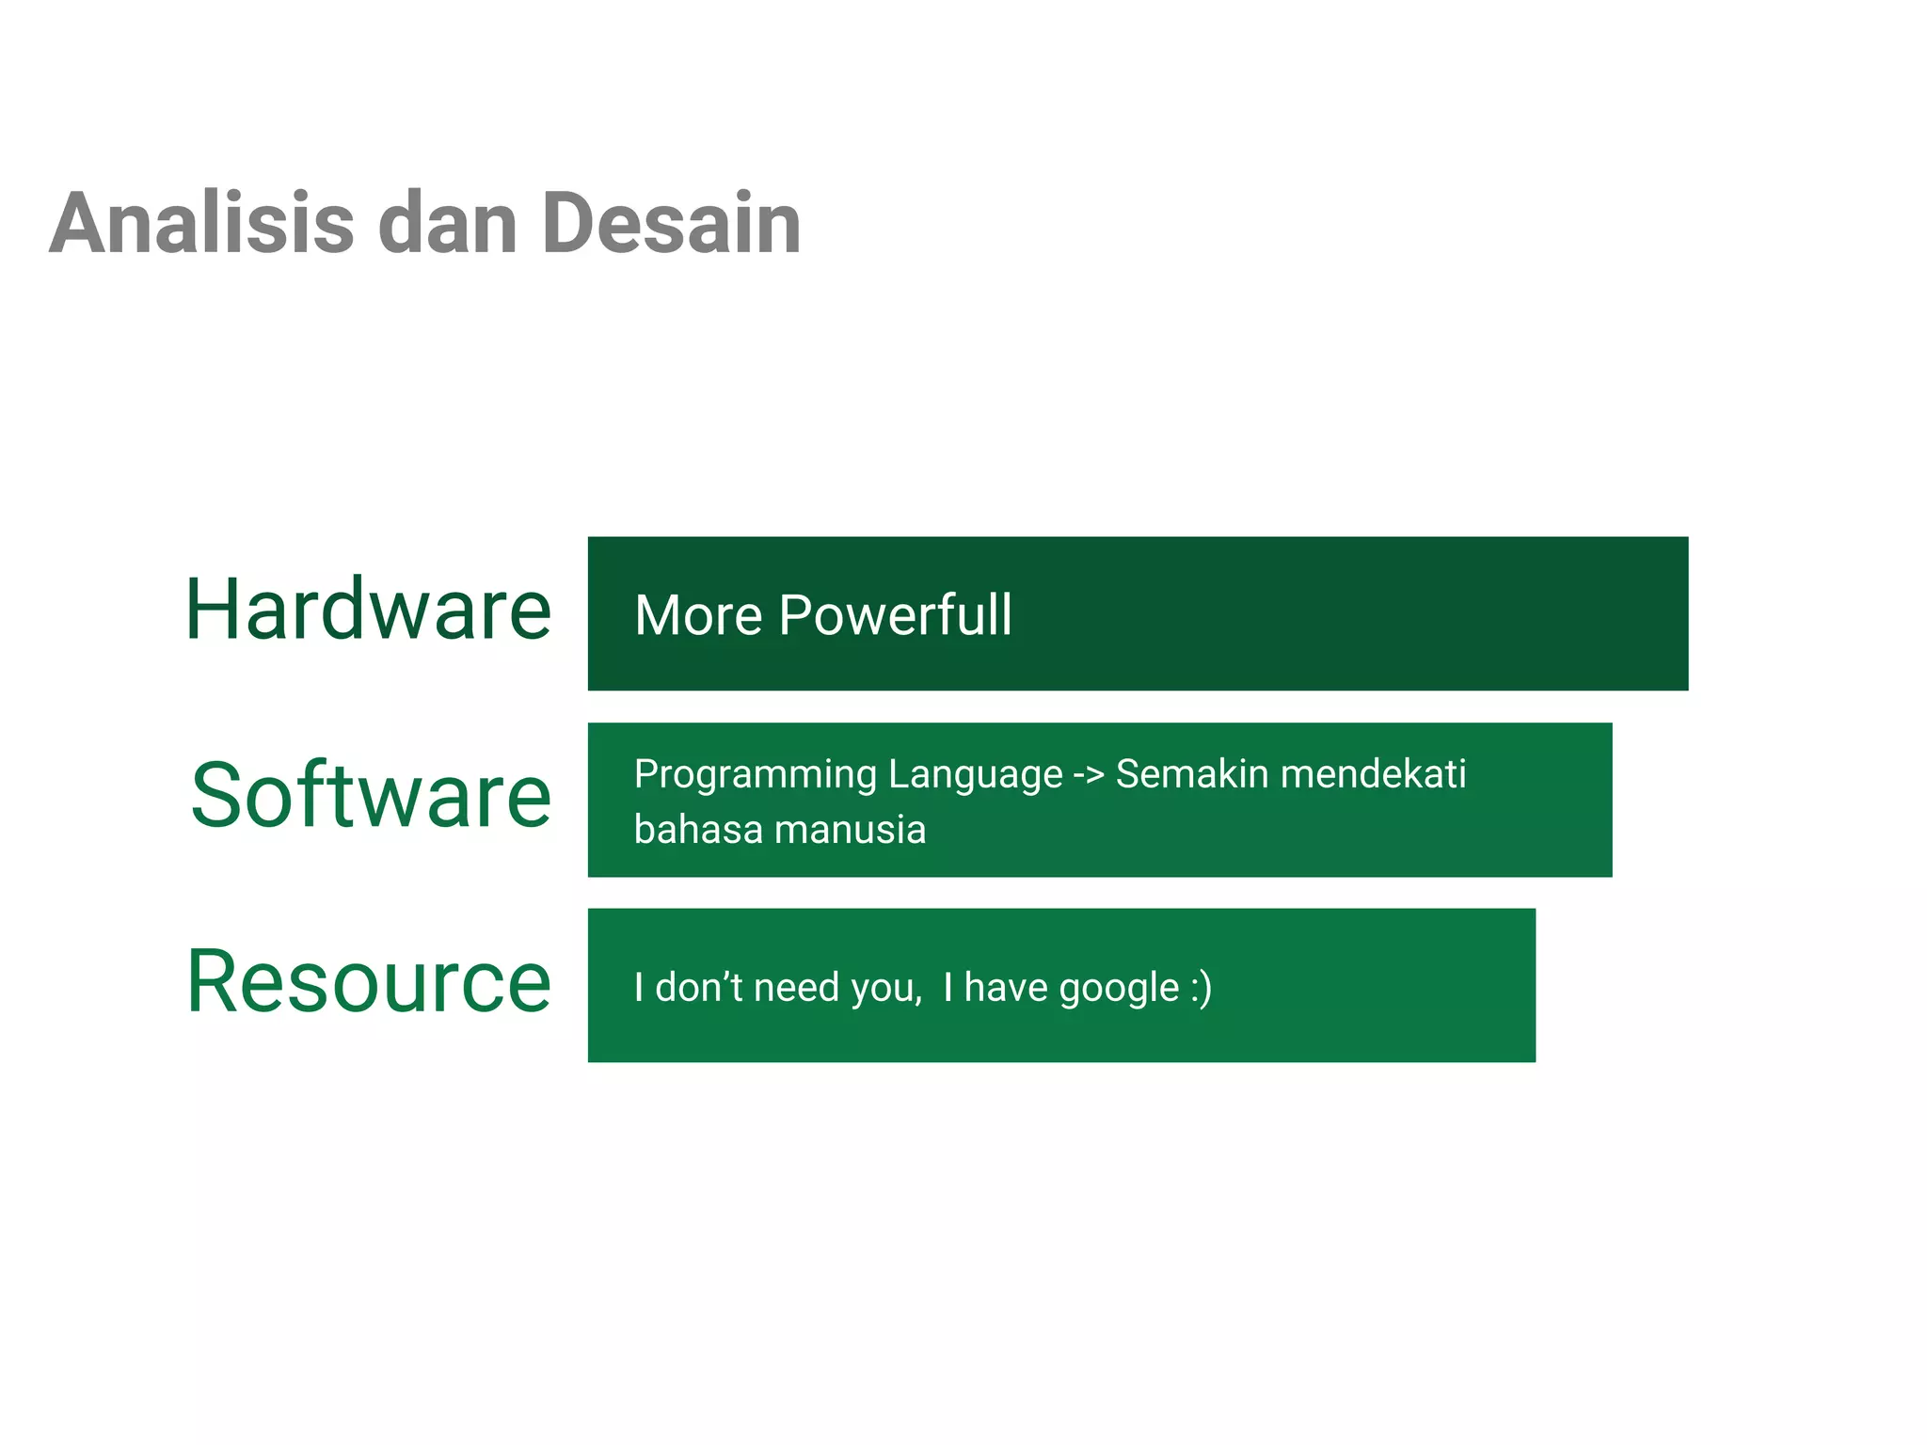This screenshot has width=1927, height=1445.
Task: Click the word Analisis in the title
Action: (202, 224)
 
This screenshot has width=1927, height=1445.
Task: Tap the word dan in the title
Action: (448, 224)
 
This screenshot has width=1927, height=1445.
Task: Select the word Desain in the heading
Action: (671, 224)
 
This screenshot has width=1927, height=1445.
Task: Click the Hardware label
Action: (368, 610)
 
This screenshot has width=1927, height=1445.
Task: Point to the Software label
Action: (371, 796)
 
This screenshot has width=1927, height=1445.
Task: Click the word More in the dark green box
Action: (698, 615)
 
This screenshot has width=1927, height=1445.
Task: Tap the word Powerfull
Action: (896, 615)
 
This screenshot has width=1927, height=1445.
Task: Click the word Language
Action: (975, 774)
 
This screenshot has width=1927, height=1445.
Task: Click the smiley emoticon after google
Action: (1201, 988)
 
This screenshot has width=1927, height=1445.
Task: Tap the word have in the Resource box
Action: (1006, 987)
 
